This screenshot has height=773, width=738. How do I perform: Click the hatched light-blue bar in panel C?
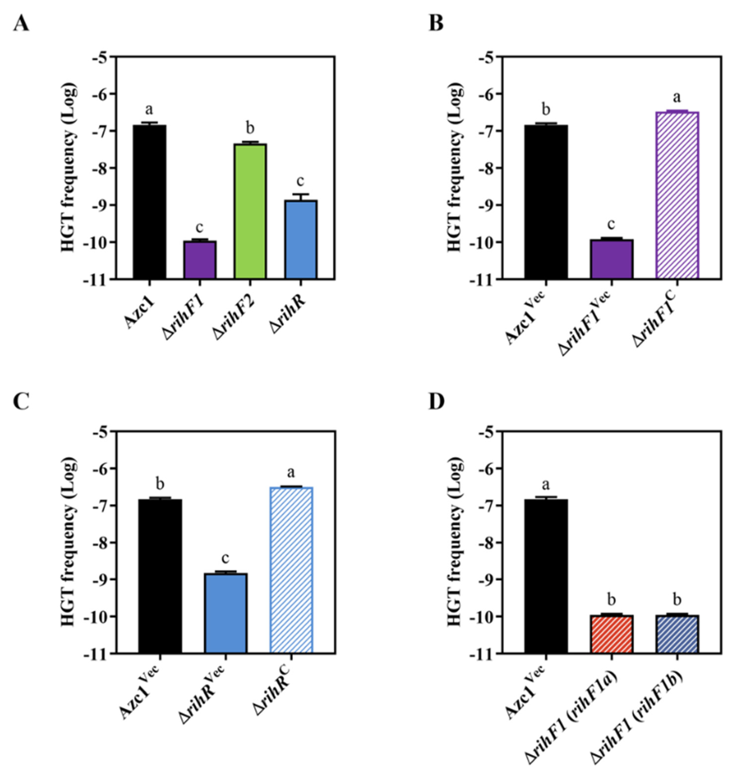coord(291,571)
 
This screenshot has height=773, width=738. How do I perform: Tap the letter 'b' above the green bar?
coord(250,128)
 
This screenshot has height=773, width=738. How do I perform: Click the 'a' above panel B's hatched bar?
coord(677,97)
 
